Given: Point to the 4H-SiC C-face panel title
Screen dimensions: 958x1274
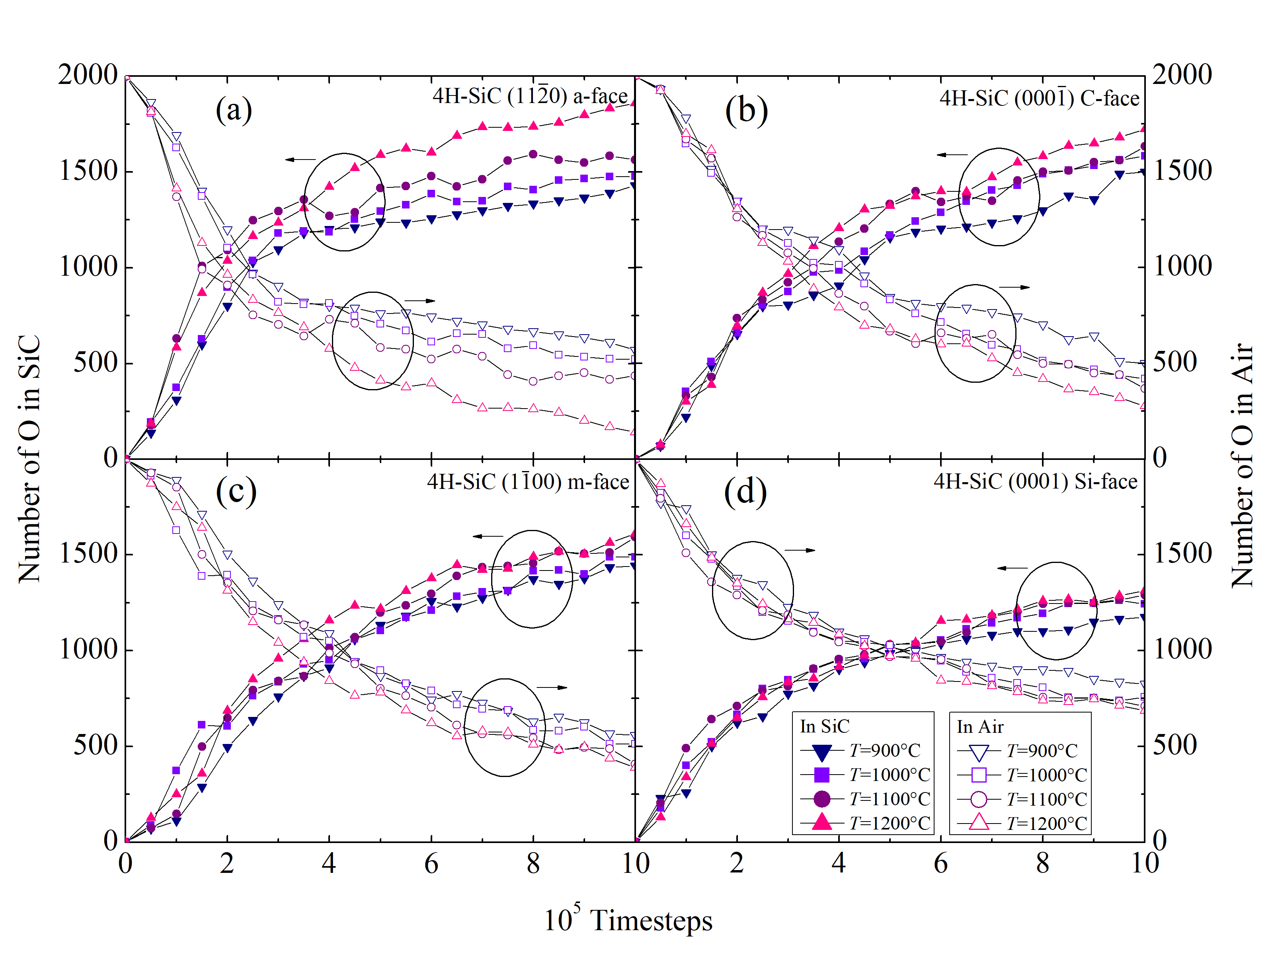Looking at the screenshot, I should [1039, 98].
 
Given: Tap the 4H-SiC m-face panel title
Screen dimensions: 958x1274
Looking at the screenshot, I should [528, 481].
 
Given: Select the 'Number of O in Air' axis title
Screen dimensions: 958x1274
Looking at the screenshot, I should [1242, 465].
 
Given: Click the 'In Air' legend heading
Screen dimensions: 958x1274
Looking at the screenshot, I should [980, 726].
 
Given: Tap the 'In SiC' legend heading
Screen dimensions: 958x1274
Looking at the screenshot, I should [824, 726].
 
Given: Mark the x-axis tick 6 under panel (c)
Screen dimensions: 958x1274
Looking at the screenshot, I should [431, 864].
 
